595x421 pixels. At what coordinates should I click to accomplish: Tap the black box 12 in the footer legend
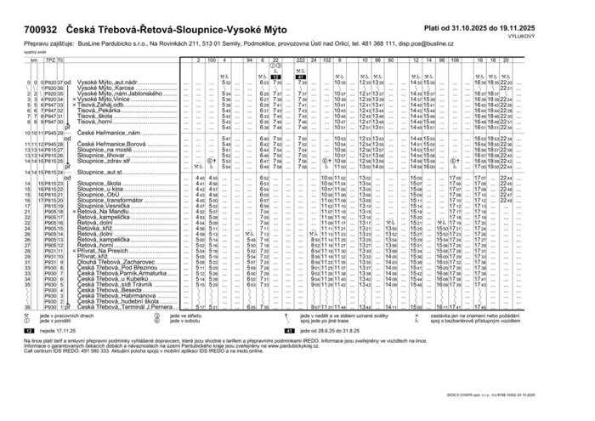pos(28,328)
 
